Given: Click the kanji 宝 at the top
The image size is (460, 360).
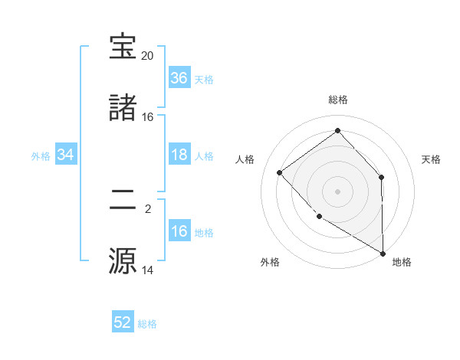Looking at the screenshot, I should (x=123, y=47).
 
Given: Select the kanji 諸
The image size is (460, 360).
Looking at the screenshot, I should (x=123, y=107).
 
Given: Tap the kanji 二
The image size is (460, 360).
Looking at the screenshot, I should (x=123, y=199).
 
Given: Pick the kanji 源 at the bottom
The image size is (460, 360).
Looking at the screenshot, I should (x=123, y=260).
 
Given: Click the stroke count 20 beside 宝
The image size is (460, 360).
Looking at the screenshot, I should (x=147, y=56).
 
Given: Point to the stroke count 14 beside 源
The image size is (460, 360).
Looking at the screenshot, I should (x=147, y=270).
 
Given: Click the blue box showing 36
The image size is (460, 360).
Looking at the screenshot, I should (x=179, y=78).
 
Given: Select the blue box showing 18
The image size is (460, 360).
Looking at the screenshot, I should (x=179, y=155).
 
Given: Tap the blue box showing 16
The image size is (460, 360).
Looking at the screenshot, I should (x=179, y=231).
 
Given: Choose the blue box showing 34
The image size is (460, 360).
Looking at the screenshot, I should (x=66, y=155).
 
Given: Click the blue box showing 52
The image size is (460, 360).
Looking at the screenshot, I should (x=123, y=322).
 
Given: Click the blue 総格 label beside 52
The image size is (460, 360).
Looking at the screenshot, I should (x=147, y=324).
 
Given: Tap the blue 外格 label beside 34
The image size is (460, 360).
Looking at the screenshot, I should (x=41, y=156).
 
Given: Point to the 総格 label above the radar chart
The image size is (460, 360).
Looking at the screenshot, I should (x=338, y=100).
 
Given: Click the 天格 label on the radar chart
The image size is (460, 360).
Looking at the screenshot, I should (x=432, y=159).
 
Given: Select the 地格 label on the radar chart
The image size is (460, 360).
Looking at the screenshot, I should (x=402, y=262).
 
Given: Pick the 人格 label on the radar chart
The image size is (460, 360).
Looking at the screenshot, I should (x=245, y=159).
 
